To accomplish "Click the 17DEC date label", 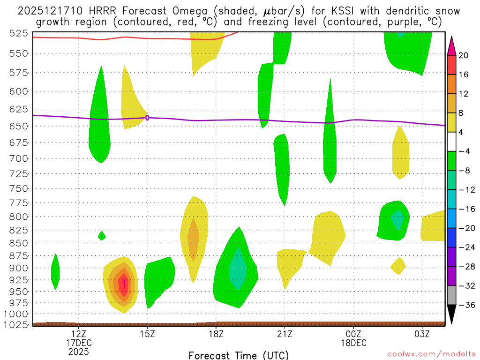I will click(x=78, y=342).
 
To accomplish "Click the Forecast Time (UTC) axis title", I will click(x=239, y=355).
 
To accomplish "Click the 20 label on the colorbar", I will click(x=464, y=55).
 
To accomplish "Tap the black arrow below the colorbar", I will click(x=452, y=315).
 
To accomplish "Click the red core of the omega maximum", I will click(x=123, y=284).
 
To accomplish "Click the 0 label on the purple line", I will click(x=147, y=118).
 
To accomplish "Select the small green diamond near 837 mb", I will click(x=102, y=236).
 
